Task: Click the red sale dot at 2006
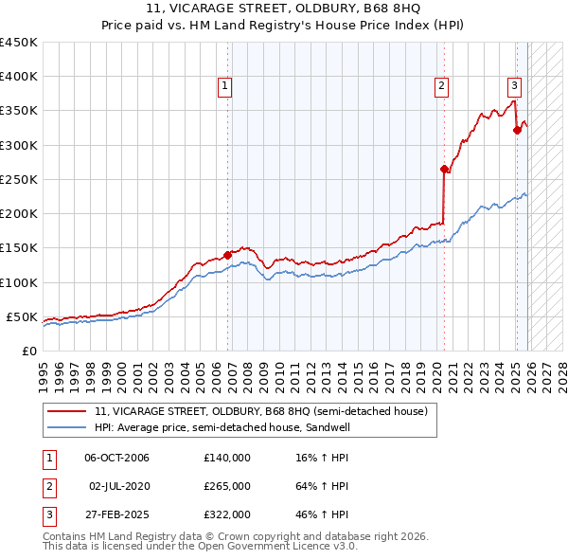coord(227,254)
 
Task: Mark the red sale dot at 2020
coord(443,169)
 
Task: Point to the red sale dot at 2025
coord(517,130)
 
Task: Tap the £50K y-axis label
coord(22,316)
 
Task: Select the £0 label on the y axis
coord(30,351)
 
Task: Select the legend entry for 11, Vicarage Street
coord(261,411)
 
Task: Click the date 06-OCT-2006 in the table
coord(116,457)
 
